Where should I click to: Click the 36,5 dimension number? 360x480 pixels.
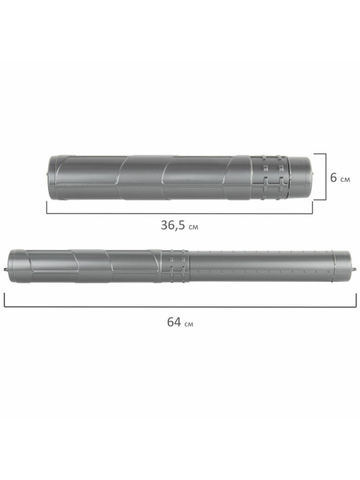[173, 225]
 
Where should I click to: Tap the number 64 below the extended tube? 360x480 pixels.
[174, 322]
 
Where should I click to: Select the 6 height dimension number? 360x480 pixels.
[333, 177]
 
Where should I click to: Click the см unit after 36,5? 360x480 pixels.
[194, 227]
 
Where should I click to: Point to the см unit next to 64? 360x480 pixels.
[189, 324]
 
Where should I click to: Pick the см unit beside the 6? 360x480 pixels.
[345, 179]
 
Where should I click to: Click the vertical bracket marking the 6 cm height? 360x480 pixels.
[326, 177]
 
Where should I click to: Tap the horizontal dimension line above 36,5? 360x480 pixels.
[179, 213]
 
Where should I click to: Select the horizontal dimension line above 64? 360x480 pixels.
[180, 306]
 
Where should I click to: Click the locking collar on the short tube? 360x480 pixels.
[270, 177]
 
